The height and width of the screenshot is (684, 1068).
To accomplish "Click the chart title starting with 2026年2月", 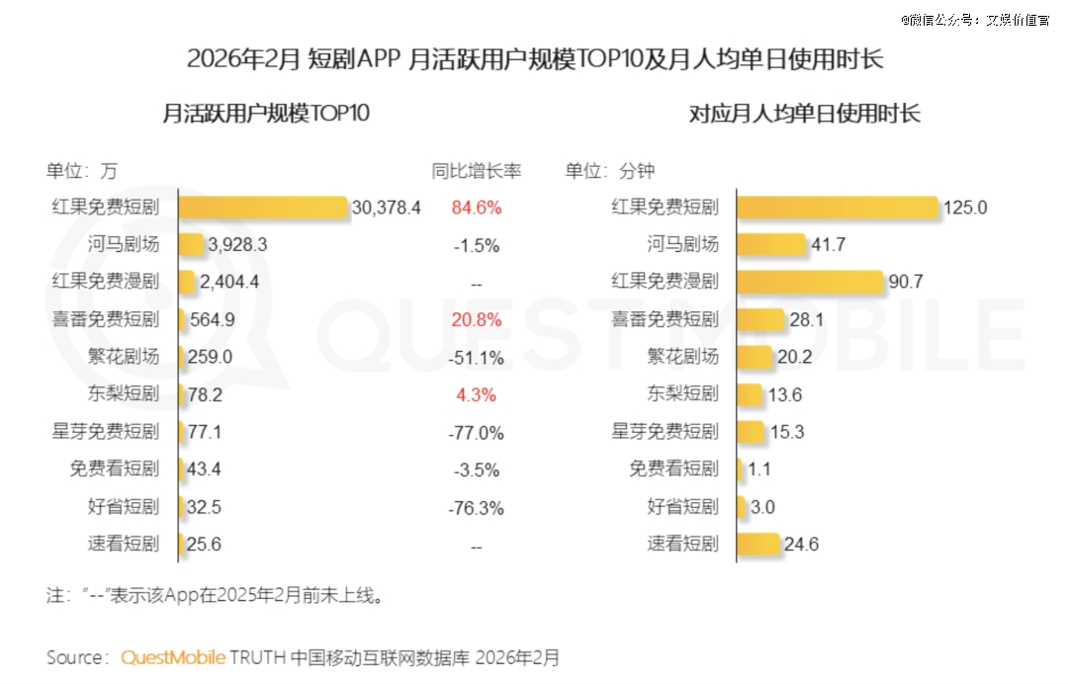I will (534, 59).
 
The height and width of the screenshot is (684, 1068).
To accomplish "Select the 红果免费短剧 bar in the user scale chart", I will (263, 208).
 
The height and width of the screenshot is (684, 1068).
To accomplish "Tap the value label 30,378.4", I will (387, 208).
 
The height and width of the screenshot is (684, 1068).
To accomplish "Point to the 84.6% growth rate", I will (477, 208).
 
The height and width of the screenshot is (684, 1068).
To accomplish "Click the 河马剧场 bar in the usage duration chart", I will (770, 244).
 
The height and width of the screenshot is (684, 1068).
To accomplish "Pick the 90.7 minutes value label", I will (906, 282).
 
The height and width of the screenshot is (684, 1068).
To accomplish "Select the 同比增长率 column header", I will (477, 170).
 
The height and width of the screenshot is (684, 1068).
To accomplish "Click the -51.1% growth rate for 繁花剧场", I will (477, 357).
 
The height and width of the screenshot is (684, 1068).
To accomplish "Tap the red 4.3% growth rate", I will (477, 394).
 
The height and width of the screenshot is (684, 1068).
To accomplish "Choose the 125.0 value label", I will (965, 208).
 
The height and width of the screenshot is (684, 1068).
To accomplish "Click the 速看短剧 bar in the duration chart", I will (758, 544).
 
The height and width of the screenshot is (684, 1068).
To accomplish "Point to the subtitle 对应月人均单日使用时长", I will (804, 114).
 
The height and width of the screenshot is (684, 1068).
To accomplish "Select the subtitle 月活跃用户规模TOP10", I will (265, 114).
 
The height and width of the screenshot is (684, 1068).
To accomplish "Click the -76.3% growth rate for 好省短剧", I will (477, 508).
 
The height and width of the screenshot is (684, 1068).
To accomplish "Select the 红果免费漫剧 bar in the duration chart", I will (810, 282).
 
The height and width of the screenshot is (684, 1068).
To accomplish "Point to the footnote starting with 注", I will (215, 596).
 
